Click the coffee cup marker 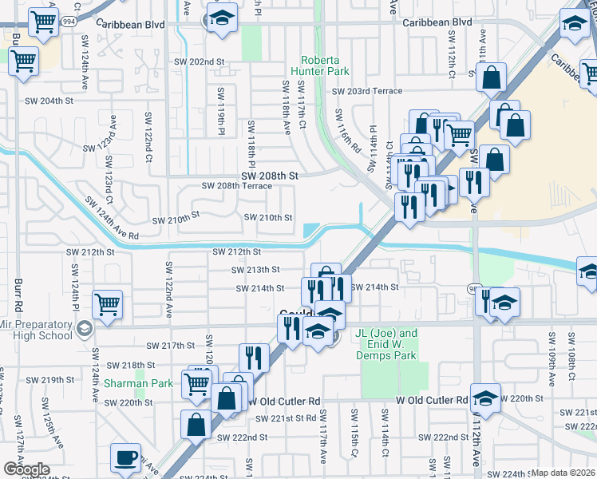pos(125,457)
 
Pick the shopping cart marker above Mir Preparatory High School pos(107,303)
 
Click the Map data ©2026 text pos(563,473)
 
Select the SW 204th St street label pos(49,101)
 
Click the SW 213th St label pos(255,271)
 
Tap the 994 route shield pos(71,22)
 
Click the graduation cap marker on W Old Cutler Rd pos(485,398)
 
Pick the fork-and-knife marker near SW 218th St pos(254,357)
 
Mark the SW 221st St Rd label pos(286,418)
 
